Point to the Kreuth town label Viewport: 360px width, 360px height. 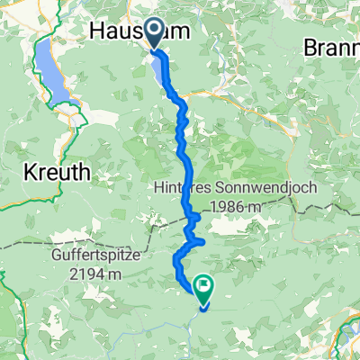pyautogui.click(x=53, y=170)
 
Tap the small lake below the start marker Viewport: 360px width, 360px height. pyautogui.click(x=163, y=70)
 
